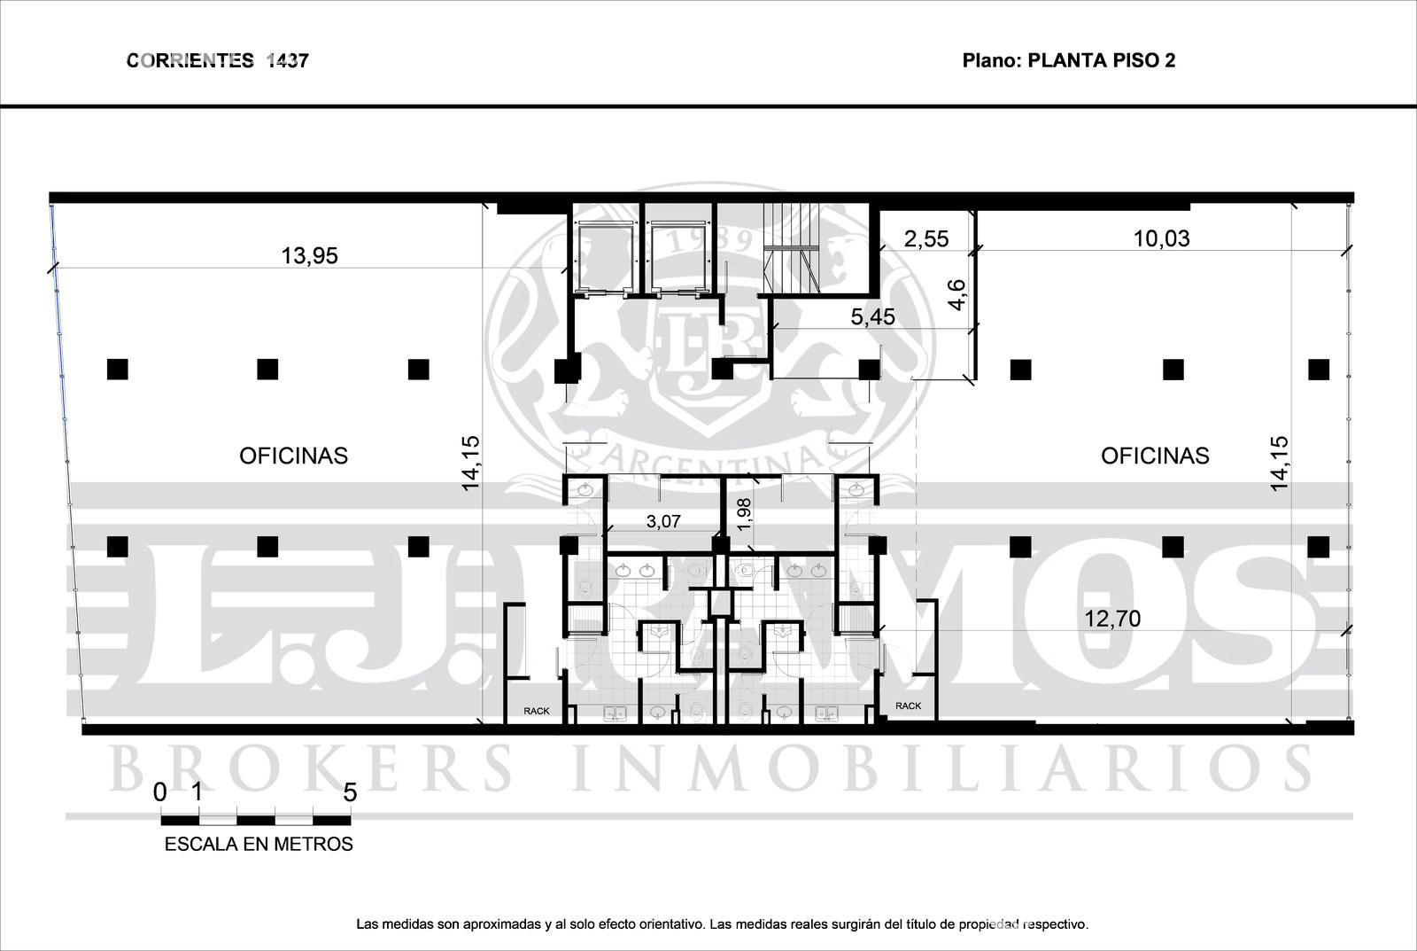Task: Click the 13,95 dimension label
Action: coord(309,256)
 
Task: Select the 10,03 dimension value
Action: coord(1161,238)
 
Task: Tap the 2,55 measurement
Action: coord(926,238)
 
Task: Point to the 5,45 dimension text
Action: coord(873,316)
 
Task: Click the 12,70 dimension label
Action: coord(1112,619)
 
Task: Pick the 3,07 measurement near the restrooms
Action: coord(663,521)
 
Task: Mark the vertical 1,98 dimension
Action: coord(745,514)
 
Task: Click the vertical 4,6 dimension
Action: coord(957,295)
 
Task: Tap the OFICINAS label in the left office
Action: coord(293,456)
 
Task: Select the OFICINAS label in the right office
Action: coord(1155,456)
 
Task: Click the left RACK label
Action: coord(537,711)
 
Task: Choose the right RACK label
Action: coord(909,706)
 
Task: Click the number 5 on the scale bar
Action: coord(350,792)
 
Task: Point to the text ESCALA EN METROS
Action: coord(259,844)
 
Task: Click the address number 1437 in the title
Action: coord(287,61)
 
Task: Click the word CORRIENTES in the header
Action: coord(190,61)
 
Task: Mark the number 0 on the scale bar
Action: coord(160,792)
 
